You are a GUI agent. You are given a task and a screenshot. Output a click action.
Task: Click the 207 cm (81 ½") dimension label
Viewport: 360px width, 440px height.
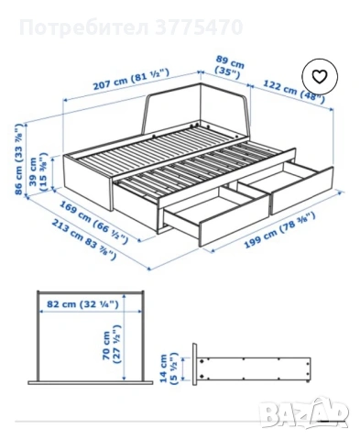pyautogui.click(x=131, y=79)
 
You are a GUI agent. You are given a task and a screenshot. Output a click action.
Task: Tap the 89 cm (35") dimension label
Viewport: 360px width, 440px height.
pyautogui.click(x=230, y=67)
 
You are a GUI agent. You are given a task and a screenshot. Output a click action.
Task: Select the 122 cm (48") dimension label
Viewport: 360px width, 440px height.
pyautogui.click(x=293, y=92)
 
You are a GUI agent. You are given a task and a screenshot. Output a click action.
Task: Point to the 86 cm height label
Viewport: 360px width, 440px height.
pyautogui.click(x=19, y=159)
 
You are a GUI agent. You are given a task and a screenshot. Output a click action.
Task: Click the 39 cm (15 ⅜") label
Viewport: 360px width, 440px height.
pyautogui.click(x=38, y=172)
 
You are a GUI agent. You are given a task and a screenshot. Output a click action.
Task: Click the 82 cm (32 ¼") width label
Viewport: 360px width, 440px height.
pyautogui.click(x=82, y=304)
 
